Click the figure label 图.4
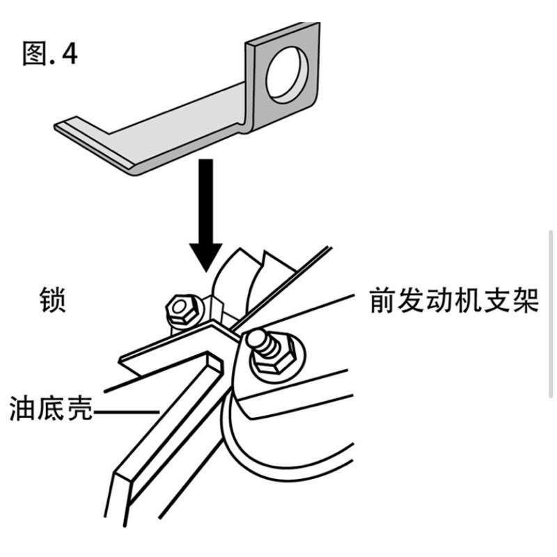pyautogui.click(x=49, y=54)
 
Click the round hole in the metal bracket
pyautogui.click(x=287, y=74)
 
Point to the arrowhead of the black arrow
pyautogui.click(x=205, y=258)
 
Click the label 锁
pyautogui.click(x=53, y=300)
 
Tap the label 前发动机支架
pyautogui.click(x=454, y=301)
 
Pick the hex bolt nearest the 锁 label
pyautogui.click(x=184, y=310)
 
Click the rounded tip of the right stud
pyautogui.click(x=256, y=338)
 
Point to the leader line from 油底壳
pyautogui.click(x=126, y=412)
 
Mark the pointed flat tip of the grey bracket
pyautogui.click(x=57, y=127)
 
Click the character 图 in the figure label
pyautogui.click(x=35, y=54)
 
